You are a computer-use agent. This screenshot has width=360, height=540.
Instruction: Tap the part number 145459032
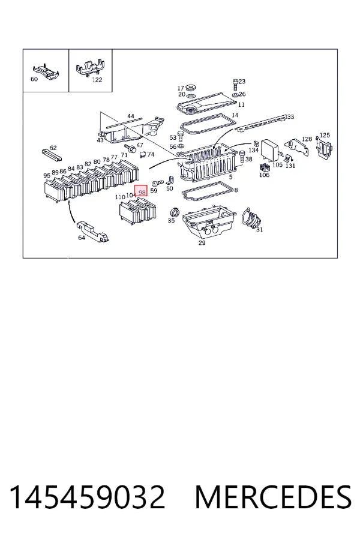[x=87, y=497]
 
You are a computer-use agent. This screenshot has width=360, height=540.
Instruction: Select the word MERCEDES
[x=273, y=497]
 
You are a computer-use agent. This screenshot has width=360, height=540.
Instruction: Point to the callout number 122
[x=97, y=80]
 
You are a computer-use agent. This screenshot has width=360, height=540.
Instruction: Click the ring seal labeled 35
[x=175, y=212]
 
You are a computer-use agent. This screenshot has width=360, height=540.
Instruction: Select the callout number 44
[x=131, y=116]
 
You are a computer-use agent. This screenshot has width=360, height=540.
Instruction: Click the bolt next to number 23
[x=235, y=83]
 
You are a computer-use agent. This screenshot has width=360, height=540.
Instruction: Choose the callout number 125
[x=325, y=136]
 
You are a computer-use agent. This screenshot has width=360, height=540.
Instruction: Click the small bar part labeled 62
[x=52, y=155]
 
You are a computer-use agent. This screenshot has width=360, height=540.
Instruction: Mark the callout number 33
[x=290, y=117]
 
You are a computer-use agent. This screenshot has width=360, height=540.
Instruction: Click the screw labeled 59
[x=157, y=182]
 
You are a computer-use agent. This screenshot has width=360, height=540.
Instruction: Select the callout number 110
[x=120, y=197]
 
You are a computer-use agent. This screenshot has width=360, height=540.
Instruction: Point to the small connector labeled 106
[x=264, y=168]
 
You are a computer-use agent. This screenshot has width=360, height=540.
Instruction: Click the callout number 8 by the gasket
[x=236, y=190]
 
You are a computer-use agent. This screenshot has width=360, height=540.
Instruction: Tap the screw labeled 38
[x=242, y=156]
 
